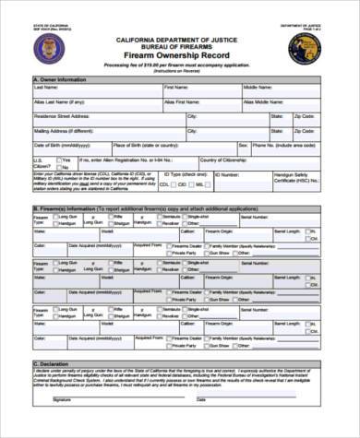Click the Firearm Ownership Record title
tap(178, 56)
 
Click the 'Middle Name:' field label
tap(258, 88)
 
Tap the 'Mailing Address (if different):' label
tap(66, 131)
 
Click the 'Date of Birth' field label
tap(62, 145)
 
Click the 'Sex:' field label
tap(243, 145)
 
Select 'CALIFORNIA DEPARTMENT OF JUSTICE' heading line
tap(176, 41)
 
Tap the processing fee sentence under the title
tap(176, 65)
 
